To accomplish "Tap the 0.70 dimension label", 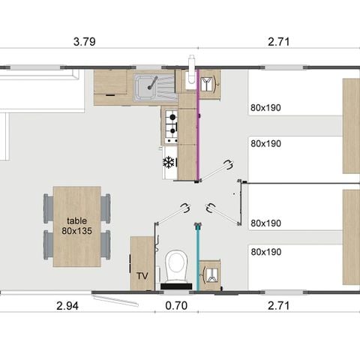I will tap(175, 305).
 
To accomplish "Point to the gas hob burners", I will tap(171, 126).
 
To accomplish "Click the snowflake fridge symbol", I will tap(169, 161).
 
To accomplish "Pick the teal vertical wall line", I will tap(198, 255).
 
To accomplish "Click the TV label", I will tap(142, 277).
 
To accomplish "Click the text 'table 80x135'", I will tap(77, 226).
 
